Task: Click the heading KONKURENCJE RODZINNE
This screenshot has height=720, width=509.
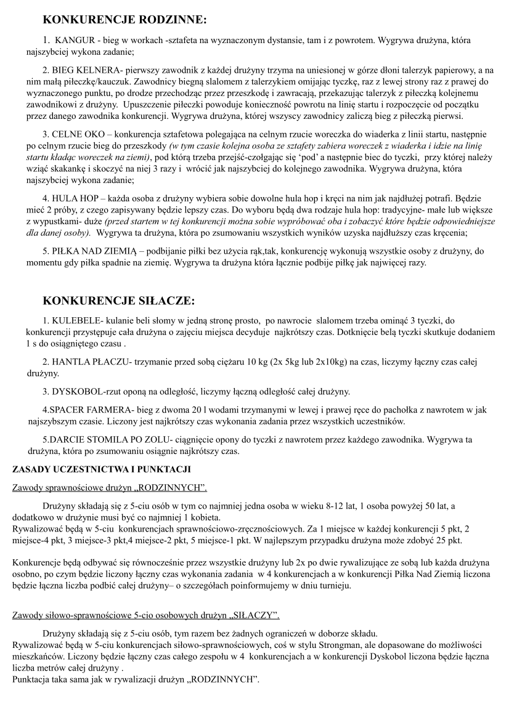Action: pos(125,20)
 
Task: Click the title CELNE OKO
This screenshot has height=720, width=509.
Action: pos(75,134)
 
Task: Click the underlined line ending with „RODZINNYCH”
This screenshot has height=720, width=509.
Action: pos(110,488)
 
